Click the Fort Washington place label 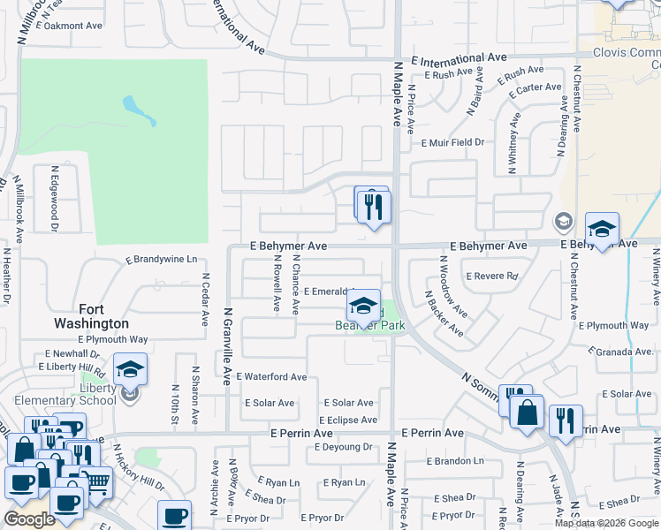pyautogui.click(x=92, y=316)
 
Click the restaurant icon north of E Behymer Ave pyautogui.click(x=375, y=207)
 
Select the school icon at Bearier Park pyautogui.click(x=362, y=307)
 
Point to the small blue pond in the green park pyautogui.click(x=141, y=110)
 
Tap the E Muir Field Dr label pyautogui.click(x=453, y=142)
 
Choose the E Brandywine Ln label pyautogui.click(x=161, y=261)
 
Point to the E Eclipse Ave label pyautogui.click(x=346, y=420)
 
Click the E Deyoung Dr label pyautogui.click(x=344, y=447)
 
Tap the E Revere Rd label pyautogui.click(x=491, y=276)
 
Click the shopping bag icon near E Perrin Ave pyautogui.click(x=527, y=413)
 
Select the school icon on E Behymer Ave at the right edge pyautogui.click(x=602, y=230)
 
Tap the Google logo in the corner pyautogui.click(x=29, y=519)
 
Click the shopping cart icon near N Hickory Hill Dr pyautogui.click(x=98, y=481)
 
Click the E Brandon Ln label pyautogui.click(x=455, y=461)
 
